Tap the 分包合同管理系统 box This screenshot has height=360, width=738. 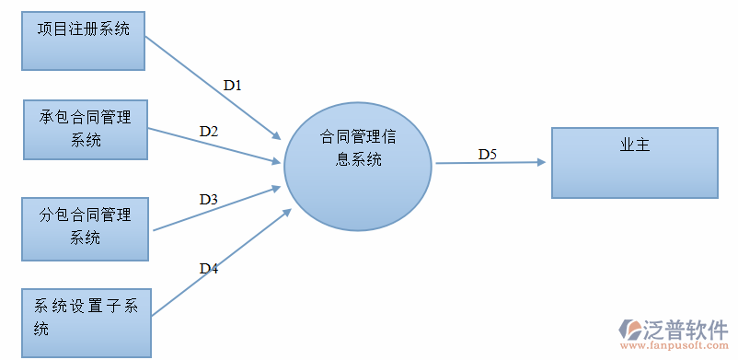coord(86,227)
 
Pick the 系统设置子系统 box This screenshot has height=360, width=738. coord(86,322)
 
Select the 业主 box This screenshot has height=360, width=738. coord(634,163)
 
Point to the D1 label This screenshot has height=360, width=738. coord(233,85)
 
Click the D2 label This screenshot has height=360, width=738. coord(209,132)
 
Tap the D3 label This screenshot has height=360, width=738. coord(209,199)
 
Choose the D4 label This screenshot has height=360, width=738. coord(209,269)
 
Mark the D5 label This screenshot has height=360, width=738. coord(487,154)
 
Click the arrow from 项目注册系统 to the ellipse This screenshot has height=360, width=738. coord(212,88)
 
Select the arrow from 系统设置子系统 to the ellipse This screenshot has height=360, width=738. coord(221,262)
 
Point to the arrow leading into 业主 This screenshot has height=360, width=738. coord(490,163)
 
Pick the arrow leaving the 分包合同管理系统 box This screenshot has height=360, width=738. coord(216,209)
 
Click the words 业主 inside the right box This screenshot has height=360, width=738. coord(635,145)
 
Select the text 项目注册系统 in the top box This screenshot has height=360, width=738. coord(83,29)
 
